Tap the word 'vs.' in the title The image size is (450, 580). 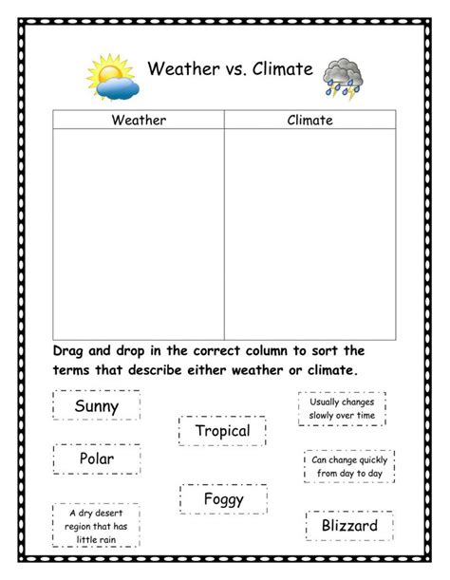[x=231, y=69]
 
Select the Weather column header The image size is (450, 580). [x=139, y=120]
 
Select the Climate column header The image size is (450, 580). [x=310, y=120]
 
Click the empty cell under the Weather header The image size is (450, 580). [x=139, y=233]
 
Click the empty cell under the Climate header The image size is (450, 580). [x=310, y=233]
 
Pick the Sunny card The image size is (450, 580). [x=97, y=406]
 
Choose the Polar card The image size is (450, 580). [x=97, y=459]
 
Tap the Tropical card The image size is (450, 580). [x=222, y=431]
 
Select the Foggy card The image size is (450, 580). [x=223, y=498]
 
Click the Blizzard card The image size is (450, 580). [x=349, y=525]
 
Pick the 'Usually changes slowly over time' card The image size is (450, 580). [x=342, y=408]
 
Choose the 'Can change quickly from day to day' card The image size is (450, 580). [x=348, y=466]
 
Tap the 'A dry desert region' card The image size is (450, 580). [x=96, y=527]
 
